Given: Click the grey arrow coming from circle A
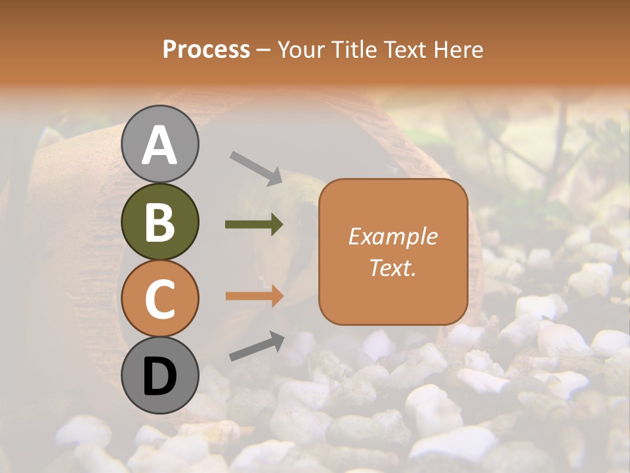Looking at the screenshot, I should click(x=256, y=168).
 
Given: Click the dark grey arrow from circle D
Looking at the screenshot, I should click(x=257, y=346).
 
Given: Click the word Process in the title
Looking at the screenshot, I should click(x=206, y=50).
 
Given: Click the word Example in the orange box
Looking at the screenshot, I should click(x=392, y=236).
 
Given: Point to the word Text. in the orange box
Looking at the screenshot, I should click(x=392, y=268).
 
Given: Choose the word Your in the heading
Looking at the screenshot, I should click(x=303, y=50).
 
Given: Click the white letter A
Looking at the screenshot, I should click(x=159, y=145).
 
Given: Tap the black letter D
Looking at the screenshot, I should click(x=159, y=378).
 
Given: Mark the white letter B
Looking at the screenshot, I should click(x=159, y=222).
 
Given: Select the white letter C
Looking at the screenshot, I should click(x=159, y=299).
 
